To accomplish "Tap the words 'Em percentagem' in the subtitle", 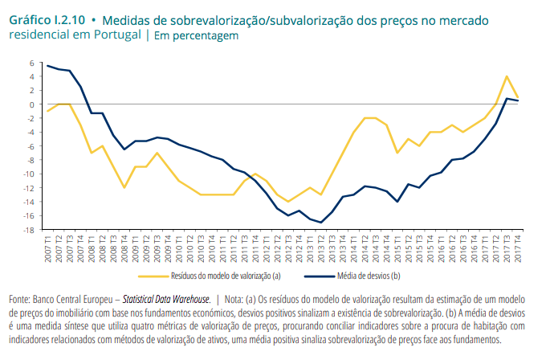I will point(195,35).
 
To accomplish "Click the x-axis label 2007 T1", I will point(48,245).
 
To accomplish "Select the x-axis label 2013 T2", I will point(321,245).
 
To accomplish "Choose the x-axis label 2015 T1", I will point(397,245).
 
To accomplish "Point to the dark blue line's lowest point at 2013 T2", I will point(321,223).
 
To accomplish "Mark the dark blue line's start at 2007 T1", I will point(48,66).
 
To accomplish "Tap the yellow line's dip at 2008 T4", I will point(124,188).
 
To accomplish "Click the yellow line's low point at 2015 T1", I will point(397,153).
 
